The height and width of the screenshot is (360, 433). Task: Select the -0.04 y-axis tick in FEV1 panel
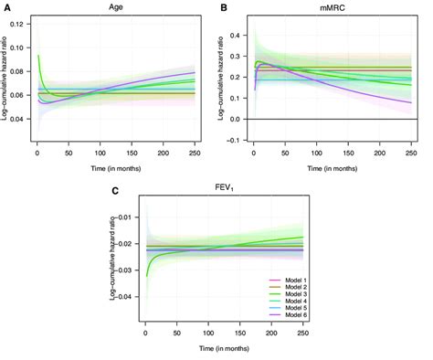click(130, 297)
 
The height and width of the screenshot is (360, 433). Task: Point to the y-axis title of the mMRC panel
click(227, 80)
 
